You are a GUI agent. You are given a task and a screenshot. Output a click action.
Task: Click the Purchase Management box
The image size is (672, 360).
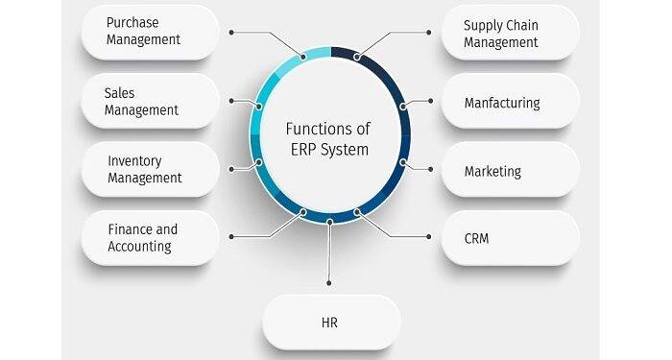pyautogui.click(x=150, y=32)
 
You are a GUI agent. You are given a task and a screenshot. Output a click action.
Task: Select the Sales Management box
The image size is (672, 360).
pyautogui.click(x=150, y=101)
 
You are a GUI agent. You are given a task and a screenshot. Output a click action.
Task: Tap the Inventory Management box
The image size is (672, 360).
pyautogui.click(x=150, y=169)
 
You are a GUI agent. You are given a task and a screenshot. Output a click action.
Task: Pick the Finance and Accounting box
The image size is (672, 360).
pyautogui.click(x=150, y=237)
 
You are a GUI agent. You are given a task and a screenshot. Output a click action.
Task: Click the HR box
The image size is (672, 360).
pyautogui.click(x=330, y=322)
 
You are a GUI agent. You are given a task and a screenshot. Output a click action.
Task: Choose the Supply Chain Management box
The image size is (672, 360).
pyautogui.click(x=510, y=32)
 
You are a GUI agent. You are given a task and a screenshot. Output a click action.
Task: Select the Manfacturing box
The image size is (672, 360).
pyautogui.click(x=510, y=102)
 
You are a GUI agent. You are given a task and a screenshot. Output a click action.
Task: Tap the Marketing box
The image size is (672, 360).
pyautogui.click(x=510, y=171)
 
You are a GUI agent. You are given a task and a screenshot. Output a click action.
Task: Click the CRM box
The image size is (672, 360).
pyautogui.click(x=510, y=238)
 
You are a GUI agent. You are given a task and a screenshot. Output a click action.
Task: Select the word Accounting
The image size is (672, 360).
pyautogui.click(x=139, y=246)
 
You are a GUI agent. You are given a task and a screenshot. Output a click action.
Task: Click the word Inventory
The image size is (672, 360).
pyautogui.click(x=134, y=160)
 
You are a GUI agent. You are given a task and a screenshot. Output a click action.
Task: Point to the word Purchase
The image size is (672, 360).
pyautogui.click(x=132, y=23)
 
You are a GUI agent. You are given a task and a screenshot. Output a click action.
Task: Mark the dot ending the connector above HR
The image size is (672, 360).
pyautogui.click(x=330, y=283)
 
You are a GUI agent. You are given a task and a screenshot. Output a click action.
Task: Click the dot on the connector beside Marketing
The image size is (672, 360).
pyautogui.click(x=431, y=171)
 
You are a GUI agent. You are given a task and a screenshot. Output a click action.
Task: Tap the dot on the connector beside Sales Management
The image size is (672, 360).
pyautogui.click(x=231, y=100)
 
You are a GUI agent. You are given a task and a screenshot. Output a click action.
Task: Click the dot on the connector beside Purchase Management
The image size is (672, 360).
pyautogui.click(x=231, y=32)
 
